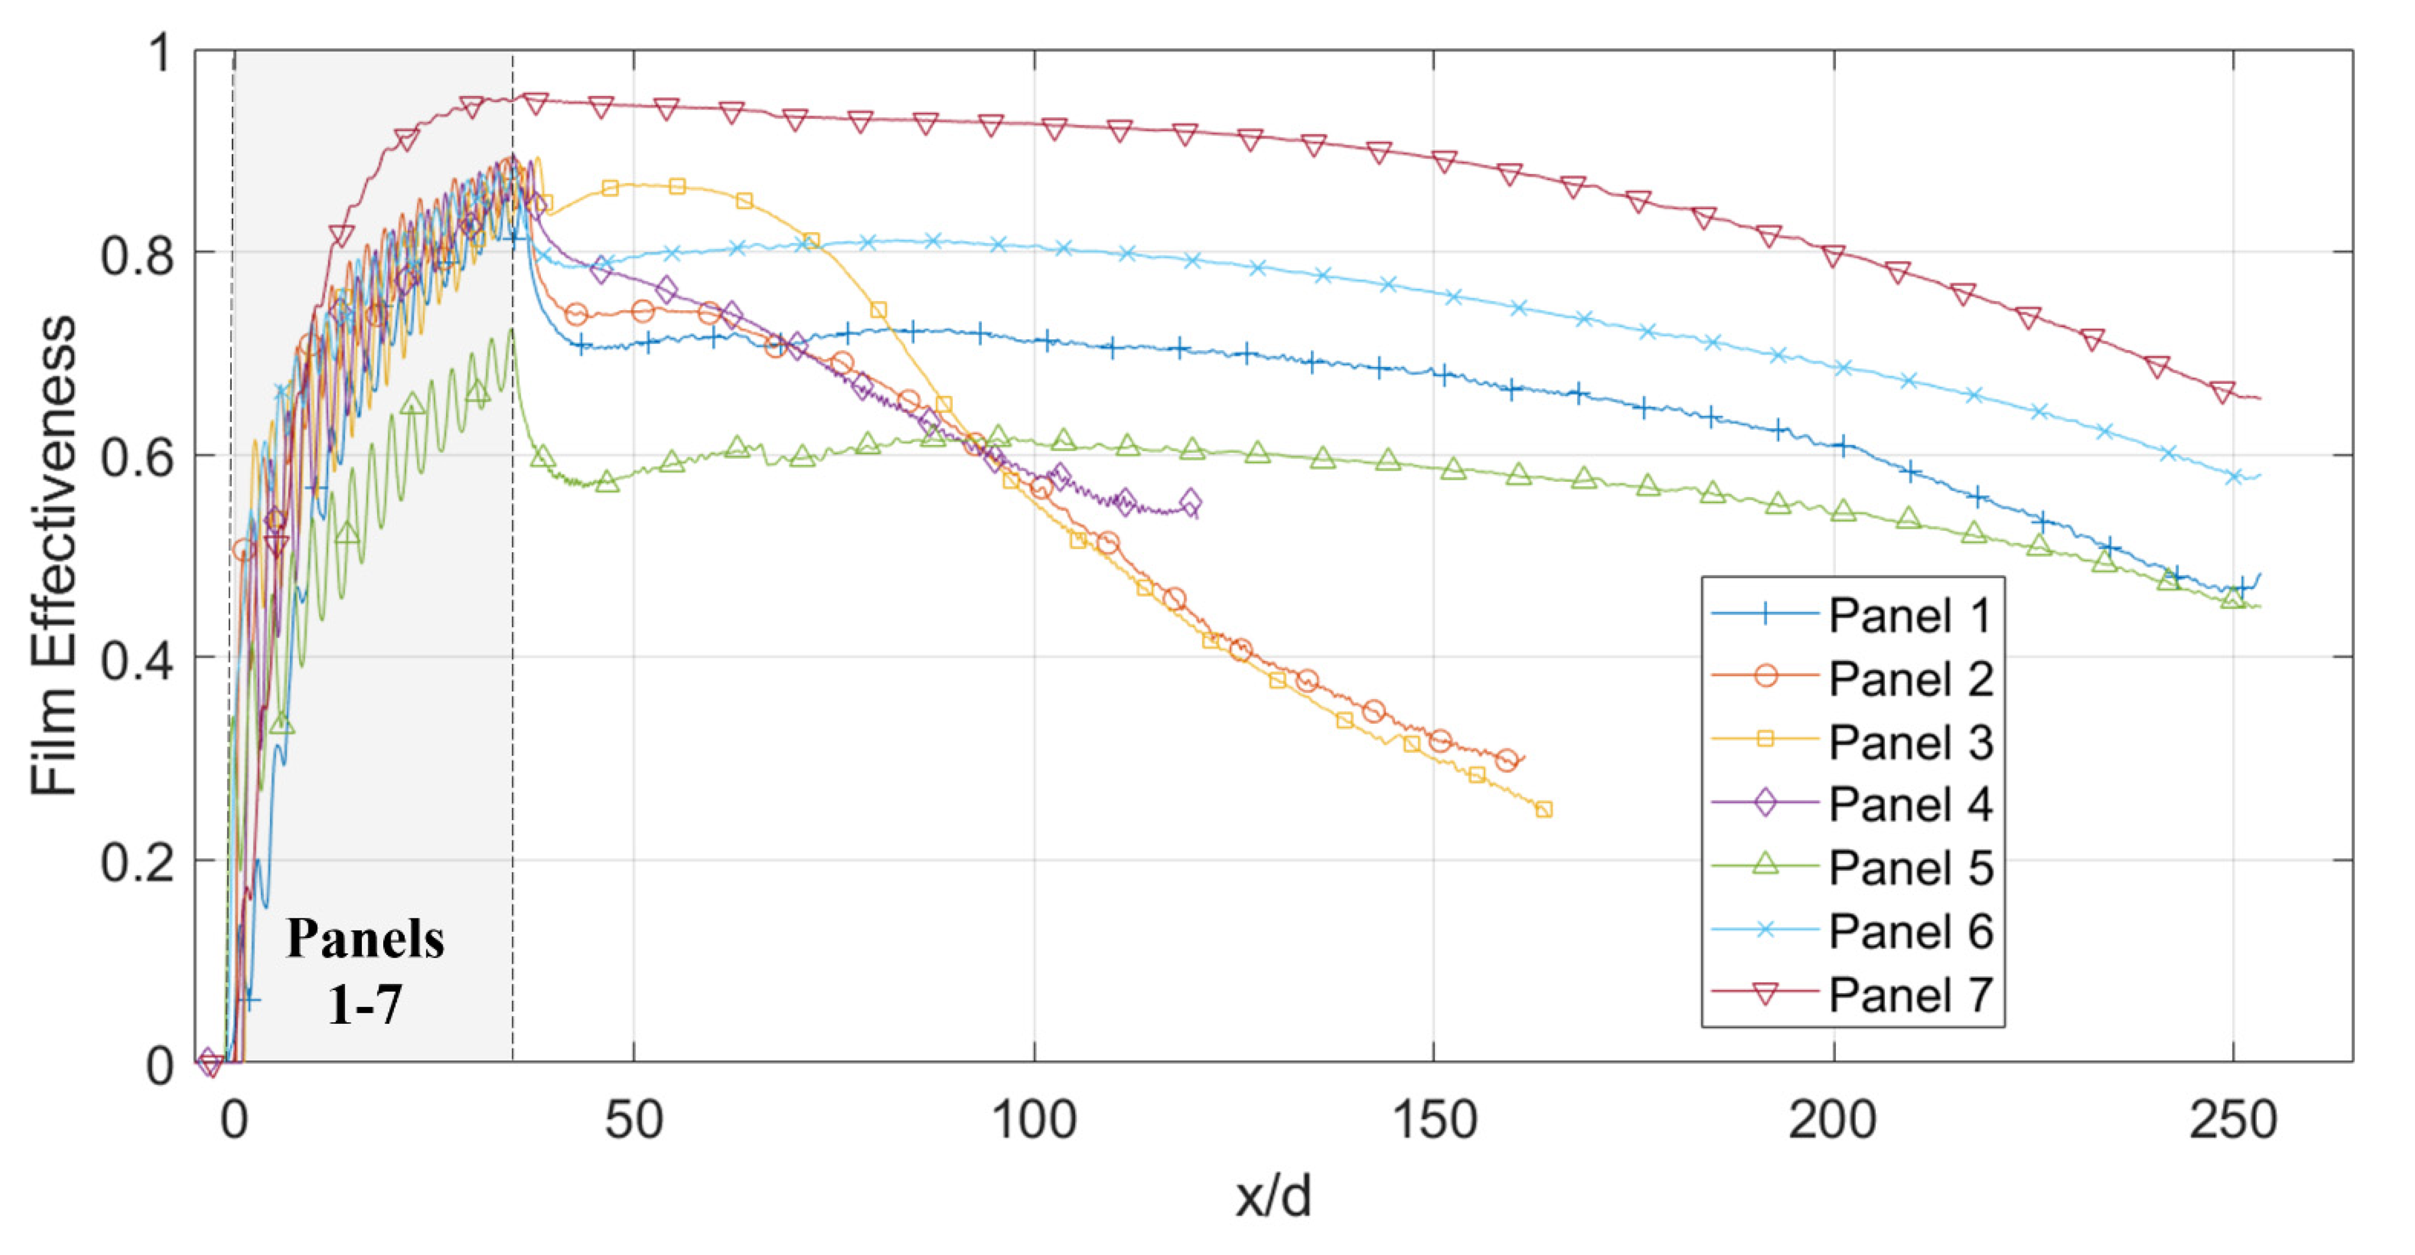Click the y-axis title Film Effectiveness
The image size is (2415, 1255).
click(53, 556)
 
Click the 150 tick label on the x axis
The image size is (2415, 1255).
click(1434, 1121)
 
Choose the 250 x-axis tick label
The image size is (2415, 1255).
click(2233, 1121)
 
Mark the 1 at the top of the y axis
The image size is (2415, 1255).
click(161, 53)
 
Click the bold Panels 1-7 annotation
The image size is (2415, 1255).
click(366, 970)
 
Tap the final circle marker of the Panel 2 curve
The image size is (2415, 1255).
click(1507, 759)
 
